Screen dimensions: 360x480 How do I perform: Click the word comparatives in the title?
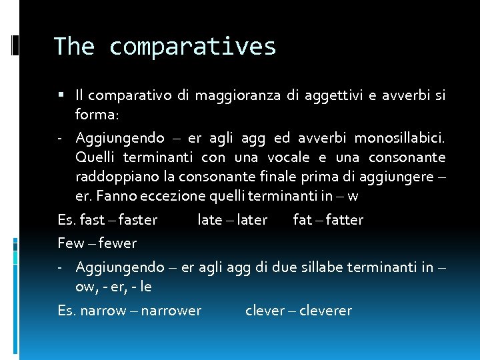click(x=192, y=47)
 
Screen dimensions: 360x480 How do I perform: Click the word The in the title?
click(x=74, y=46)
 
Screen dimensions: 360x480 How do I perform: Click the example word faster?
click(x=138, y=220)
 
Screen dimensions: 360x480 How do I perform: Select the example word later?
click(x=252, y=220)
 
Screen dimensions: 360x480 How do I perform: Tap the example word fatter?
click(x=346, y=220)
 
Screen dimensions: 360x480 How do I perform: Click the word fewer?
click(x=117, y=243)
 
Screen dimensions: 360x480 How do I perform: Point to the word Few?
click(x=71, y=243)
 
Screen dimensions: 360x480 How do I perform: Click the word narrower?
click(x=170, y=311)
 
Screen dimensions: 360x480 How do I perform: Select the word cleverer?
click(x=326, y=311)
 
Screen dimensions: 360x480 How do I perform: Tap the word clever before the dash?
click(x=265, y=311)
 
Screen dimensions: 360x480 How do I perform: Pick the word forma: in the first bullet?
click(x=97, y=115)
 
